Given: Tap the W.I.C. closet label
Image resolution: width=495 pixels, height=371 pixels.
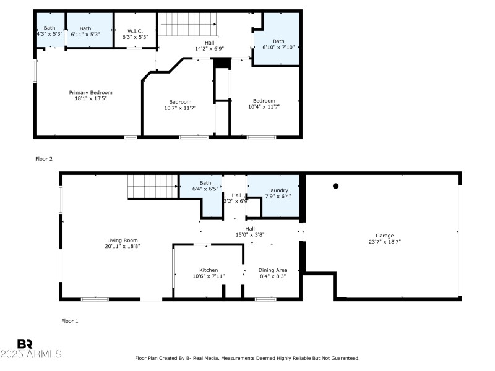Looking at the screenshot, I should pyautogui.click(x=136, y=31).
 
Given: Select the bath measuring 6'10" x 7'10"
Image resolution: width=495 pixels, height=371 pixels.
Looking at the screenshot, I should pyautogui.click(x=278, y=45).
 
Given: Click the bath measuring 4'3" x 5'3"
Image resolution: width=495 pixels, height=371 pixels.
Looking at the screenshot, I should pyautogui.click(x=49, y=31).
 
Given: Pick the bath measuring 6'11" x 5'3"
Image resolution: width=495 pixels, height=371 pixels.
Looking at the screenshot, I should pyautogui.click(x=85, y=31).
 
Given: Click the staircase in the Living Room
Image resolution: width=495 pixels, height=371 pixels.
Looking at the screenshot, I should pyautogui.click(x=152, y=186).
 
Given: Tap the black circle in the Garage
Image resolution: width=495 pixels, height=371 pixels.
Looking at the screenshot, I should pyautogui.click(x=336, y=185).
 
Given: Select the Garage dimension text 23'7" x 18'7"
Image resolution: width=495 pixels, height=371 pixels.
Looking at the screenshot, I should pyautogui.click(x=384, y=242).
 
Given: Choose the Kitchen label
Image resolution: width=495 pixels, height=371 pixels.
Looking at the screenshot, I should pyautogui.click(x=208, y=270).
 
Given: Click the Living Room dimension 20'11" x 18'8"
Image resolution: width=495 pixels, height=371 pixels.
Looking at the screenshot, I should pyautogui.click(x=123, y=246).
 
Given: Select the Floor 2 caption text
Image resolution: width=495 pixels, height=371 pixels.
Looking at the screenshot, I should pyautogui.click(x=43, y=159).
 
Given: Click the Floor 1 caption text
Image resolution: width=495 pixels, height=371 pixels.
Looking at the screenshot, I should pyautogui.click(x=70, y=321).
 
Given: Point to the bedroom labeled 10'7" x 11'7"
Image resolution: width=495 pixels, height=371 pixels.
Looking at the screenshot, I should pyautogui.click(x=180, y=104).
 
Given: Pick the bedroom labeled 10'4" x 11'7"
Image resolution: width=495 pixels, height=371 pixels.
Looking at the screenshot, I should pyautogui.click(x=264, y=103).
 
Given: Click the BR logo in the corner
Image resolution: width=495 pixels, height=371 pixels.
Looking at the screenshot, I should pyautogui.click(x=25, y=344).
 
